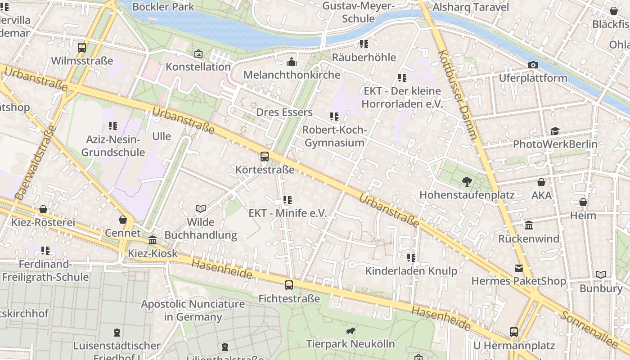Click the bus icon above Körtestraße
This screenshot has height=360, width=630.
tap(265, 157)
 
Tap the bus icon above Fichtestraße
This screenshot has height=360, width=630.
tap(289, 285)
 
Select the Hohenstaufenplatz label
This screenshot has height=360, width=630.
tap(467, 195)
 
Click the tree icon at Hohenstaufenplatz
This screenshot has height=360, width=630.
tap(467, 182)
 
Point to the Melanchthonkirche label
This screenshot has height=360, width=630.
tap(292, 75)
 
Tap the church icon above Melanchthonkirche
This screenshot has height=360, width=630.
tap(292, 61)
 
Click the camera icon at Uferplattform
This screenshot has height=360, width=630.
tap(533, 65)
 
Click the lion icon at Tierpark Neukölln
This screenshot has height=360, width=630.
tap(350, 332)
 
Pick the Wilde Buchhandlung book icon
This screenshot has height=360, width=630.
tap(201, 208)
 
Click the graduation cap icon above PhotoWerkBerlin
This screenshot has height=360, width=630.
tap(555, 131)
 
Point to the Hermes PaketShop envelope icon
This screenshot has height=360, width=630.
tap(518, 268)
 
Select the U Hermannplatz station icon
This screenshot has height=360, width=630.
tap(514, 332)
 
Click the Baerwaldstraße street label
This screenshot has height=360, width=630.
tap(35, 163)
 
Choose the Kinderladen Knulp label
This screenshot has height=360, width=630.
tap(411, 271)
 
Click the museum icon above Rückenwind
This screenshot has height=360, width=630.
tap(529, 225)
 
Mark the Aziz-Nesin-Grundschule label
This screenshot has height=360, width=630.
tap(113, 146)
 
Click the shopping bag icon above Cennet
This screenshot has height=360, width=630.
tap(122, 220)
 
